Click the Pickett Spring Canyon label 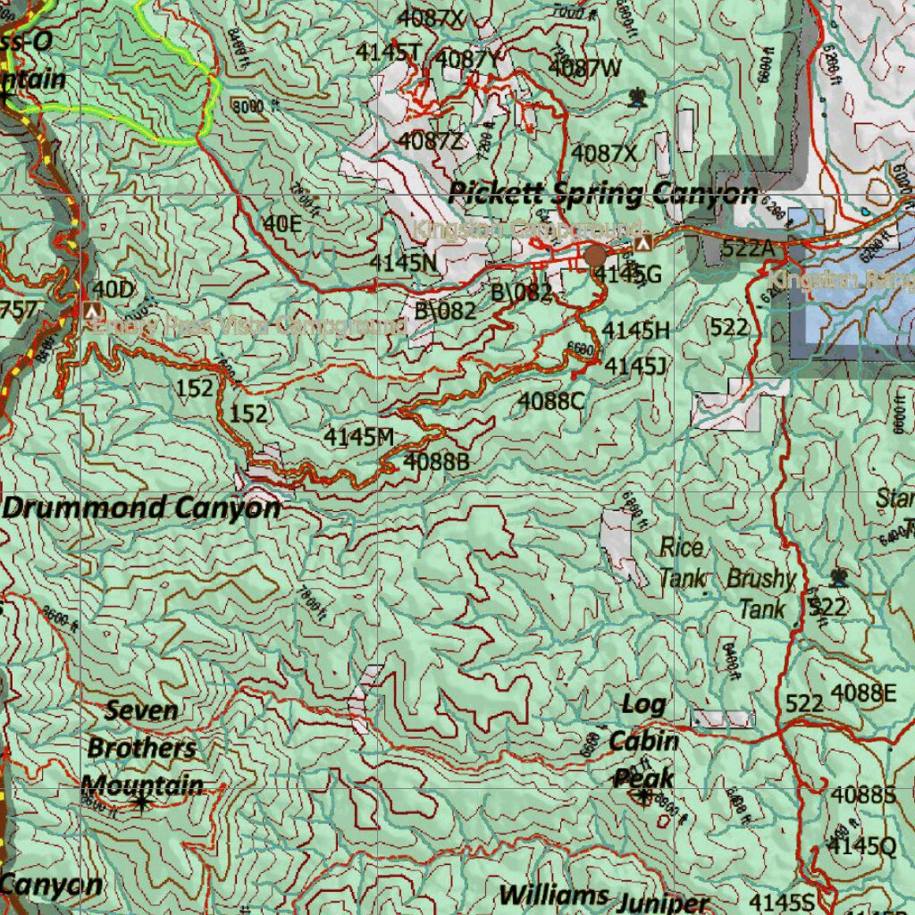(602, 193)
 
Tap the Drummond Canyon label (141, 508)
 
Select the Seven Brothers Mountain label (141, 748)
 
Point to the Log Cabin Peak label (643, 741)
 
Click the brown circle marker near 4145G (596, 256)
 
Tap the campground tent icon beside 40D (90, 311)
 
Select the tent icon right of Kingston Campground (642, 243)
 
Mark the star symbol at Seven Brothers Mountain (141, 802)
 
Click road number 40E (282, 224)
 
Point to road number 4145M (359, 437)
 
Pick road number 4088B (436, 462)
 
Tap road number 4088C (551, 401)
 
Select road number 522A (747, 249)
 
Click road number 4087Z (431, 140)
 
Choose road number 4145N (403, 263)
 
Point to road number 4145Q (861, 846)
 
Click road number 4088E (863, 693)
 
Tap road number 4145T (388, 53)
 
